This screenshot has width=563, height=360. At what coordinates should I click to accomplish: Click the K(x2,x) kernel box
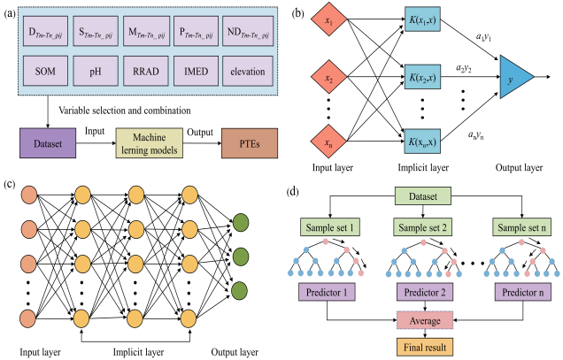coord(422,80)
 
